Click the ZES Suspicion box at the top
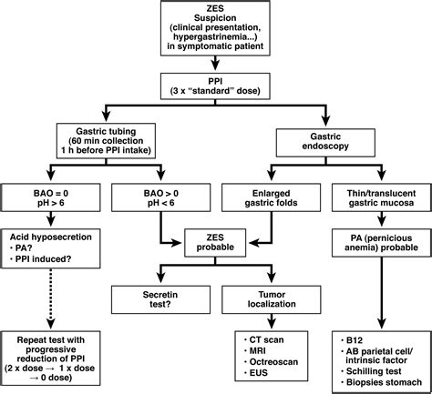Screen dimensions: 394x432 click(216, 28)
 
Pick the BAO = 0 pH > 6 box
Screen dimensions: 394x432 click(53, 198)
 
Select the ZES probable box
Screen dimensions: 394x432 click(216, 241)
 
